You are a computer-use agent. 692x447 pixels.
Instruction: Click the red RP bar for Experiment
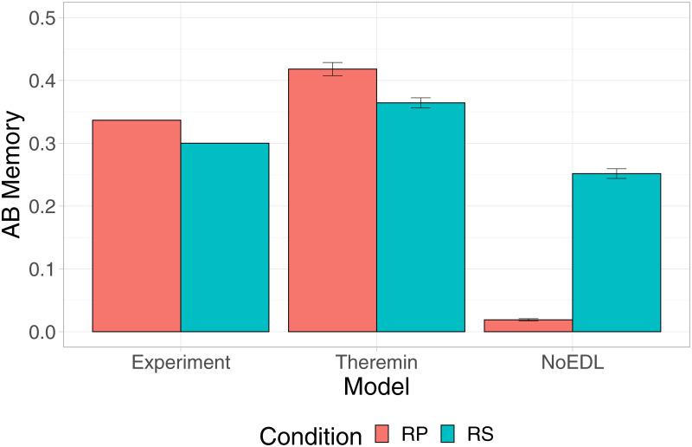pos(137,226)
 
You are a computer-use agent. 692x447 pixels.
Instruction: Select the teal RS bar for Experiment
pos(225,237)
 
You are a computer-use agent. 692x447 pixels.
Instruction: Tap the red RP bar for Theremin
pos(332,200)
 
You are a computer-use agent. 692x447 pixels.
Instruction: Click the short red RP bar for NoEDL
pos(528,326)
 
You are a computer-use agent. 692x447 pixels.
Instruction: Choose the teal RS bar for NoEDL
pos(616,253)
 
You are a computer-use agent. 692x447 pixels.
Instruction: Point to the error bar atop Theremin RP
pos(332,69)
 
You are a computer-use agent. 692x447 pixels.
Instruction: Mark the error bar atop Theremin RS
pos(420,103)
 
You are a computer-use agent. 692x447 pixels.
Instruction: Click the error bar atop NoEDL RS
pos(616,173)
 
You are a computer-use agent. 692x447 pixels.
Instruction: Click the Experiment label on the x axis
pos(181,361)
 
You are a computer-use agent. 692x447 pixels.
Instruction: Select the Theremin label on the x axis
pos(376,361)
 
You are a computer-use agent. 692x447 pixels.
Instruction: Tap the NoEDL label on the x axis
pos(572,361)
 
